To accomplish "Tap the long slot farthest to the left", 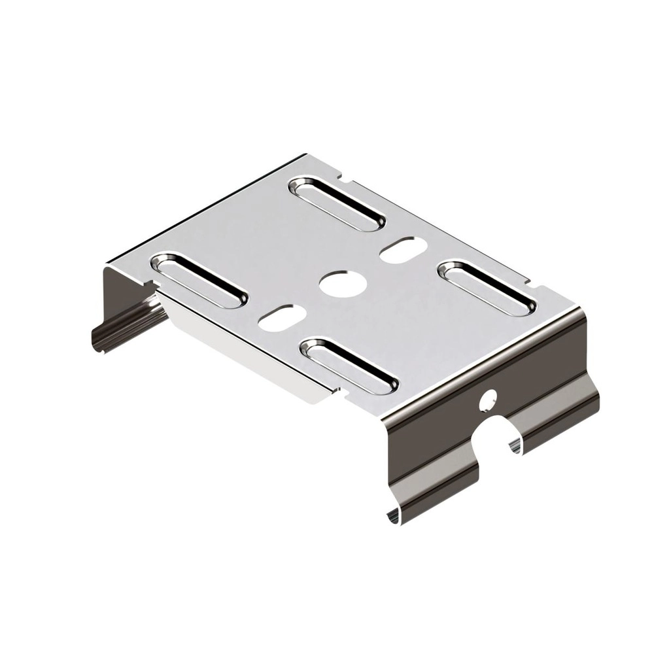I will pos(199,281).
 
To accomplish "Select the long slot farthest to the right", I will pos(486,288).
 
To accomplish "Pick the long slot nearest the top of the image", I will pos(337,203).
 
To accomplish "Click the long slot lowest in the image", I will pos(349,366).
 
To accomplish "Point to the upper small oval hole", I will pos(404,250).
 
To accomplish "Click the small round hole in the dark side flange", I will pos(488,400).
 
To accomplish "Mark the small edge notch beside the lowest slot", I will pos(337,391).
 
